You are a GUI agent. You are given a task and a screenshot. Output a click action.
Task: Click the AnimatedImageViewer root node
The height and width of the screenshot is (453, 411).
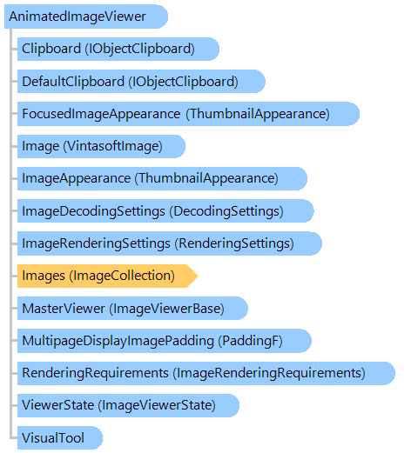tap(86, 17)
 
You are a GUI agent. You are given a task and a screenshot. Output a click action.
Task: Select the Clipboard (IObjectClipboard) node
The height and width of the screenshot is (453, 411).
tap(118, 49)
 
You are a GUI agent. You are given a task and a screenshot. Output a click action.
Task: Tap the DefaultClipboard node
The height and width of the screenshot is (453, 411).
tap(141, 81)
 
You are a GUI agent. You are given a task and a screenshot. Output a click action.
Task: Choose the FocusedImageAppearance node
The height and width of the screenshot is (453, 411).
tap(188, 114)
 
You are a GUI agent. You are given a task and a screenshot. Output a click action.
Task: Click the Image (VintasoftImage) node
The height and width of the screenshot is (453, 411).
tap(101, 146)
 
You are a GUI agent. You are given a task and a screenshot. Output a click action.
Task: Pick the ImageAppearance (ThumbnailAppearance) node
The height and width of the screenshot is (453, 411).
tap(162, 178)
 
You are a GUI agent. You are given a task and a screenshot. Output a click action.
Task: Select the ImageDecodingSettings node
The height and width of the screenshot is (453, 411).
tap(165, 210)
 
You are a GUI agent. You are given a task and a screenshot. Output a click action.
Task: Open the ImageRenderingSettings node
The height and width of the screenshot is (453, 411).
tap(170, 243)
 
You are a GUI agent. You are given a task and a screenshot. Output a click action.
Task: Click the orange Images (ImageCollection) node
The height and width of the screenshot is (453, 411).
tap(108, 276)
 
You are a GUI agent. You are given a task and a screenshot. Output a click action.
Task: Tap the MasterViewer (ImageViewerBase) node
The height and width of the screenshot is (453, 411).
tap(132, 308)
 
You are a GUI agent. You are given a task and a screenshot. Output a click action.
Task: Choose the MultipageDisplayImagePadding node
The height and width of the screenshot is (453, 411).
tap(165, 341)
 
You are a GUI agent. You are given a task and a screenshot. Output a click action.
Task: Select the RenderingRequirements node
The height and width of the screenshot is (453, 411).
tap(206, 373)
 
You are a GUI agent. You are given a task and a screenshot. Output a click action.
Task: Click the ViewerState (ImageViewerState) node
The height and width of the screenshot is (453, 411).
tap(128, 405)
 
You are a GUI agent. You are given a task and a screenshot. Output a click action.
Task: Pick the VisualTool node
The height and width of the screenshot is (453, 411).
tap(60, 437)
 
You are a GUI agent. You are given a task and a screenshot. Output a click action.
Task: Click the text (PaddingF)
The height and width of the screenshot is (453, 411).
tap(250, 341)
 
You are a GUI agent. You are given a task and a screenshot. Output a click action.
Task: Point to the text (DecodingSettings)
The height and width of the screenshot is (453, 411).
tap(226, 211)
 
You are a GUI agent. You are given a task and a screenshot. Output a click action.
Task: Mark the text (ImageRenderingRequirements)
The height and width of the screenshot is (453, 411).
tap(269, 373)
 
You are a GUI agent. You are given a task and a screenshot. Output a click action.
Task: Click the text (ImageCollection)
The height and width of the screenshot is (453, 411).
tap(122, 276)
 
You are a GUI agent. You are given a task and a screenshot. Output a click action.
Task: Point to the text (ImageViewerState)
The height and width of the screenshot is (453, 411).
tap(157, 405)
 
